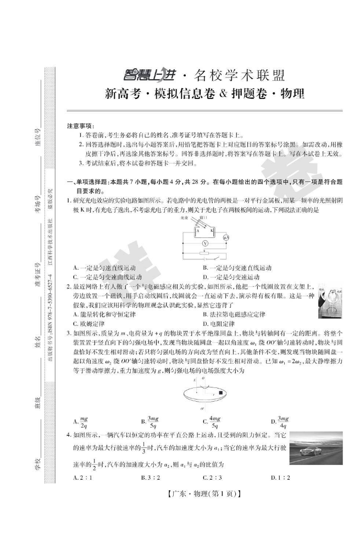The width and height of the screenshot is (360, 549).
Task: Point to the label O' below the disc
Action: [202, 409]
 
